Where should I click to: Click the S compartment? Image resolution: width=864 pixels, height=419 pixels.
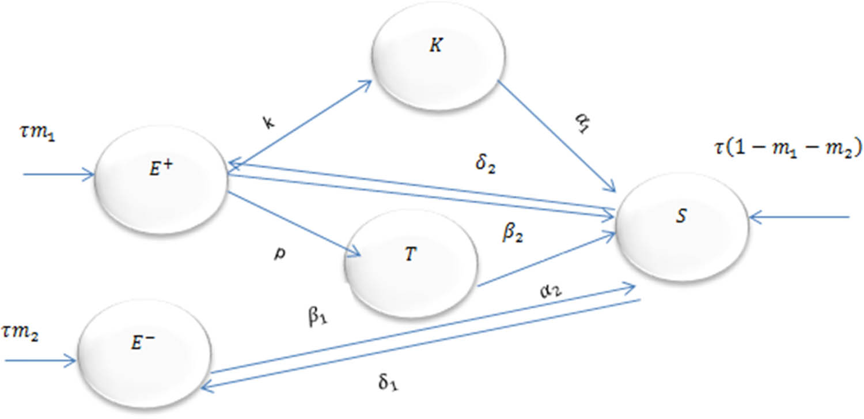tap(682, 225)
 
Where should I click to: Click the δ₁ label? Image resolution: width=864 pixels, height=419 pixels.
tap(389, 383)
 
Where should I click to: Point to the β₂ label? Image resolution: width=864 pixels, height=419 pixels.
tap(514, 234)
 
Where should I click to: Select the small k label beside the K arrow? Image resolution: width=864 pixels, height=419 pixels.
tap(268, 124)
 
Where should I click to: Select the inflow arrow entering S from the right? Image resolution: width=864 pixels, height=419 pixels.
tap(801, 217)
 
